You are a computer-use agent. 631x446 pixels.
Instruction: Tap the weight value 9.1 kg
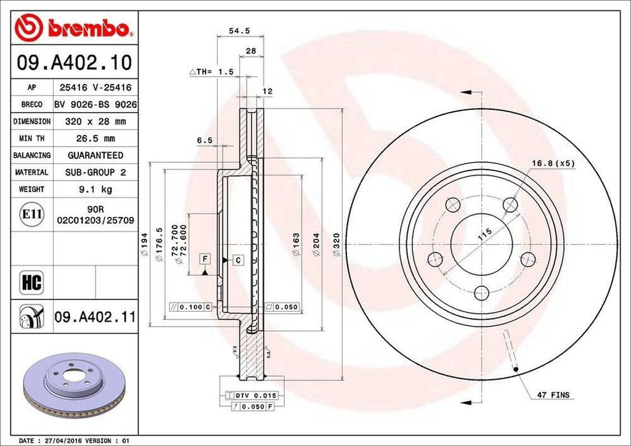[x=95, y=190]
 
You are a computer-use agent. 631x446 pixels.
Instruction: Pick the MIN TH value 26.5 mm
[x=95, y=139]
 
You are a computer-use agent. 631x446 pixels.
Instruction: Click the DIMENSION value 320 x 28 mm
[x=95, y=122]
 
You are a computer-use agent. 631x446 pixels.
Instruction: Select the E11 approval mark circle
[x=31, y=214]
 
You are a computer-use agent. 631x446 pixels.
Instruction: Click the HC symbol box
[x=31, y=283]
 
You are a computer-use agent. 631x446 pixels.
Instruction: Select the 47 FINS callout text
[x=552, y=395]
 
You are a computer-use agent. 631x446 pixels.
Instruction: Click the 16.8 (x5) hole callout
[x=553, y=163]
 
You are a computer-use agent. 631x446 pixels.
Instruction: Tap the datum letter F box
[x=204, y=259]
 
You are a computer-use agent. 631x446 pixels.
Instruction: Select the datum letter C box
[x=238, y=260]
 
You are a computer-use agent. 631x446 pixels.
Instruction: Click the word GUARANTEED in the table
[x=95, y=156]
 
